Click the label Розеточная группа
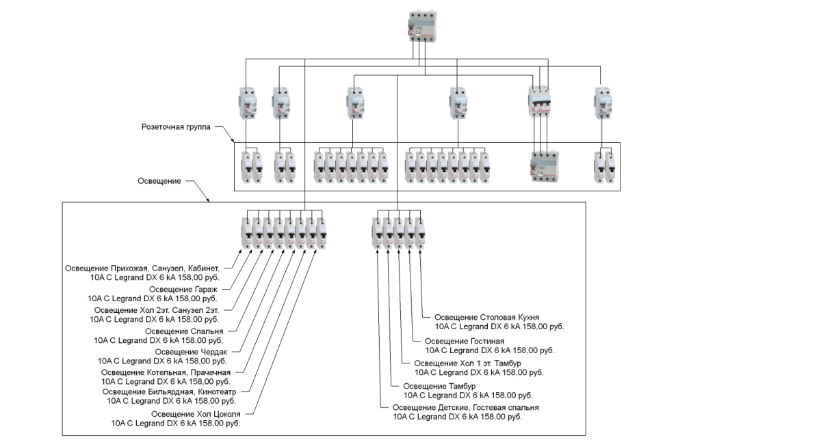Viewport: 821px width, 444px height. (176, 127)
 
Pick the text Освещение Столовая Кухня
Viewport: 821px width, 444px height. (487, 318)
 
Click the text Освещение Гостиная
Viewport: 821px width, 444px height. (465, 341)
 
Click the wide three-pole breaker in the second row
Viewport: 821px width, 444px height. (540, 102)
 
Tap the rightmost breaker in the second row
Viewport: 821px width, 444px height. (601, 102)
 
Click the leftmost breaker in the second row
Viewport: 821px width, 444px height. (246, 102)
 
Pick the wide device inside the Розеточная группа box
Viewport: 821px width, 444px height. (545, 167)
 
